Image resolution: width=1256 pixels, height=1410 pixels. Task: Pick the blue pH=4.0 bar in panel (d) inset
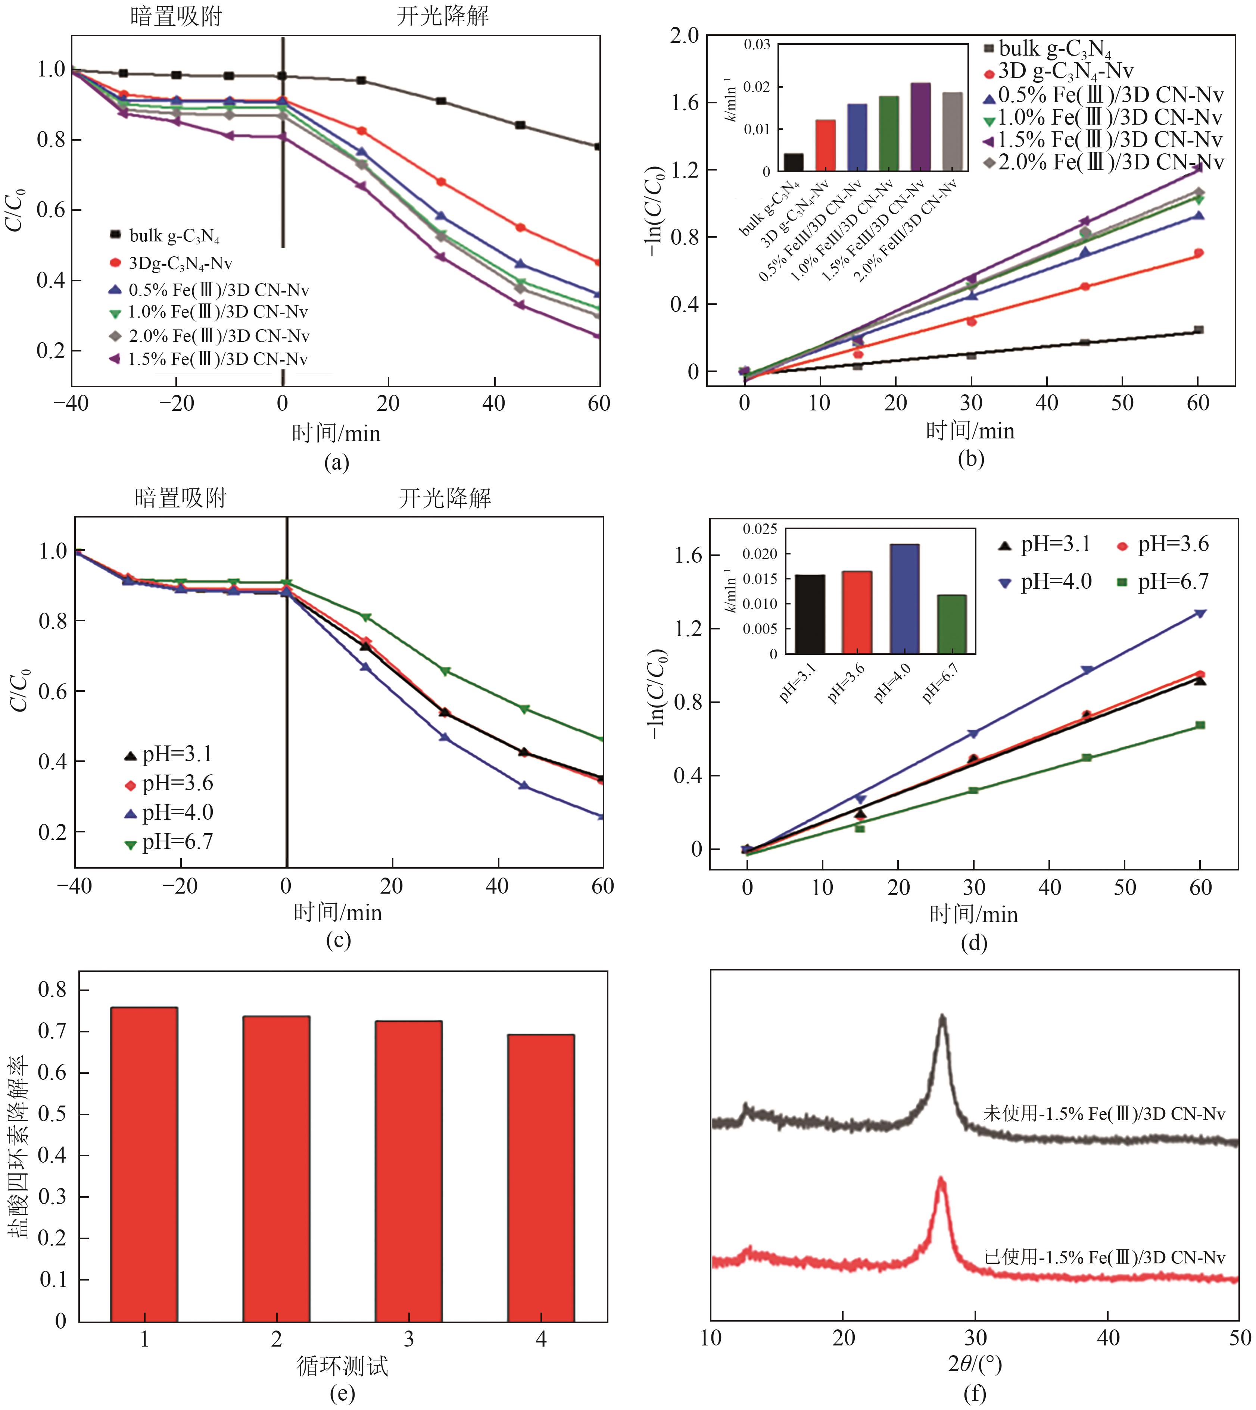pyautogui.click(x=905, y=598)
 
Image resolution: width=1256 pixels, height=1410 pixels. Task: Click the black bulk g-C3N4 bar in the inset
pyautogui.click(x=794, y=162)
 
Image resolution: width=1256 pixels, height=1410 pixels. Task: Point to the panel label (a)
pyautogui.click(x=337, y=462)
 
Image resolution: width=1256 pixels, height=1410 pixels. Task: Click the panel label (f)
pyautogui.click(x=974, y=1394)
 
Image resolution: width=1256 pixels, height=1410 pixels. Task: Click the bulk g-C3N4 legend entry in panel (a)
pyautogui.click(x=166, y=236)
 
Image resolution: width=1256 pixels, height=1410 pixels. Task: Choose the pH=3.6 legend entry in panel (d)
pyautogui.click(x=1163, y=544)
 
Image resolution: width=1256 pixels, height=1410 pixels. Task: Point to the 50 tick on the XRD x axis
pyautogui.click(x=1240, y=1338)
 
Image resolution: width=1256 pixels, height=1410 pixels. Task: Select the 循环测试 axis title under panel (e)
pyautogui.click(x=342, y=1365)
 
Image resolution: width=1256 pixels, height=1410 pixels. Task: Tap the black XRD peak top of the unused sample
pyautogui.click(x=942, y=1016)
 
